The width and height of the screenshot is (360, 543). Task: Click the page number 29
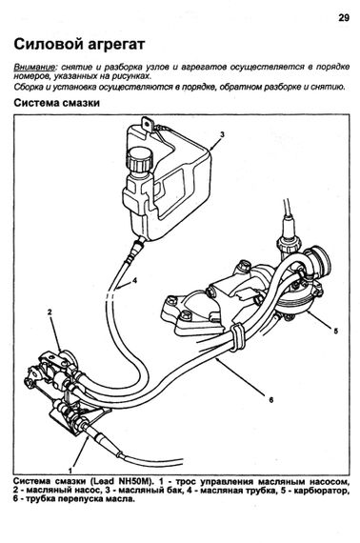(344, 18)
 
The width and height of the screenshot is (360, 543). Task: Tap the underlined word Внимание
(34, 68)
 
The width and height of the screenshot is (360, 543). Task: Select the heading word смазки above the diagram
(79, 103)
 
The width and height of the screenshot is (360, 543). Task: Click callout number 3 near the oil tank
(222, 134)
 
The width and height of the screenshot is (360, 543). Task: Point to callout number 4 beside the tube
(134, 280)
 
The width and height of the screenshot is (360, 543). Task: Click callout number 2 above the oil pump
(50, 312)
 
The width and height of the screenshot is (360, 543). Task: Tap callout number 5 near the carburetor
(335, 332)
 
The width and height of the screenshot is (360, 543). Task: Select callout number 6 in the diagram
(271, 400)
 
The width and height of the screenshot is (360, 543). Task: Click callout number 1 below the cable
(70, 471)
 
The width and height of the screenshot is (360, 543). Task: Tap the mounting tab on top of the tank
(149, 124)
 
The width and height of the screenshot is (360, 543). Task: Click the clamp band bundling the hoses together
(237, 336)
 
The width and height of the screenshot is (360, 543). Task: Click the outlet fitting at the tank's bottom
(136, 247)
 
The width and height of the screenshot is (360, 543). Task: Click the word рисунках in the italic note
(133, 76)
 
